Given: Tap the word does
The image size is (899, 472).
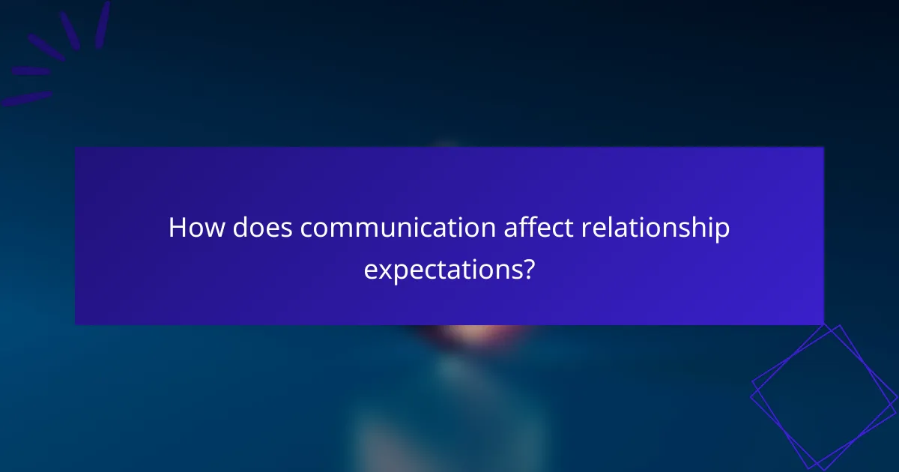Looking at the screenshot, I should [x=262, y=228].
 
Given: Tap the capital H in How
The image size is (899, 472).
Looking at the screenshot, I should [x=177, y=228].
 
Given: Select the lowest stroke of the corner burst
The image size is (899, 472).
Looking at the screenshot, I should [x=25, y=98].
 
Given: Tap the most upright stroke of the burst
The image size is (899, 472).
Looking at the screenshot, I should [x=103, y=24].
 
